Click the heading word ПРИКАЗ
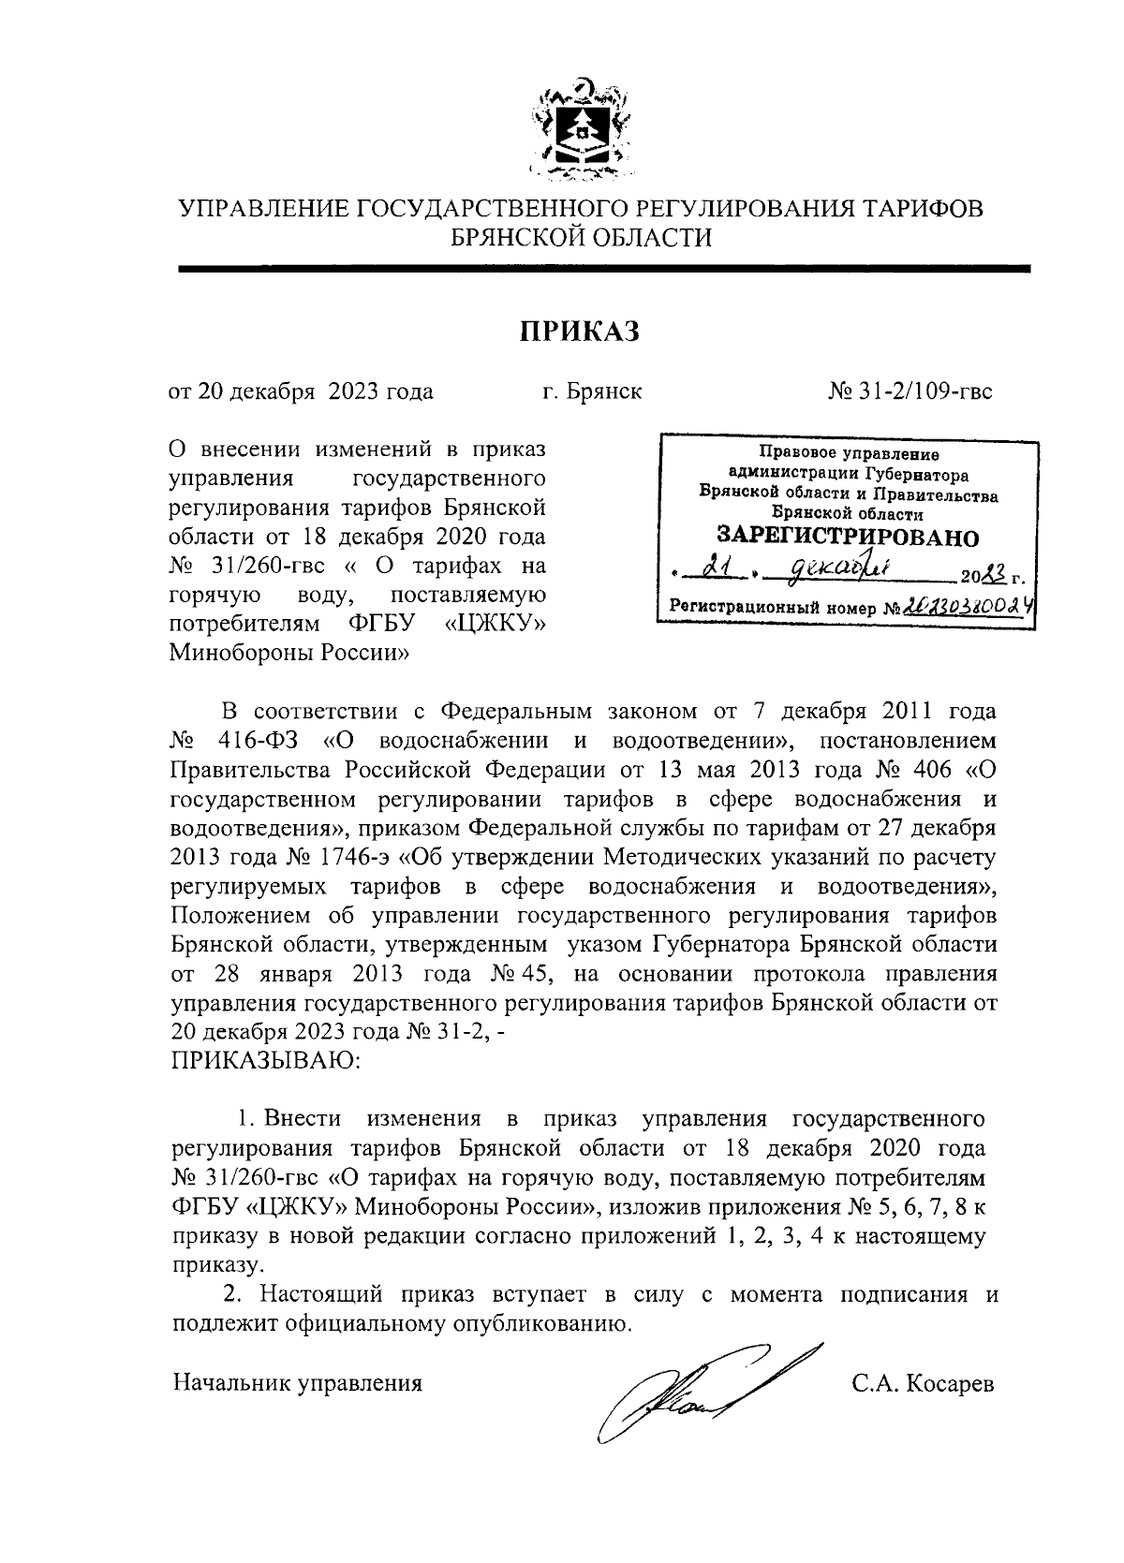(x=579, y=332)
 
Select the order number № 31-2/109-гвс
(x=910, y=391)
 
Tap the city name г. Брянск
(x=592, y=391)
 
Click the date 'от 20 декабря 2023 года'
(x=301, y=391)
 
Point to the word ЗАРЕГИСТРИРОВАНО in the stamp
(x=847, y=538)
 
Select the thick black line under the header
(x=604, y=269)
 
